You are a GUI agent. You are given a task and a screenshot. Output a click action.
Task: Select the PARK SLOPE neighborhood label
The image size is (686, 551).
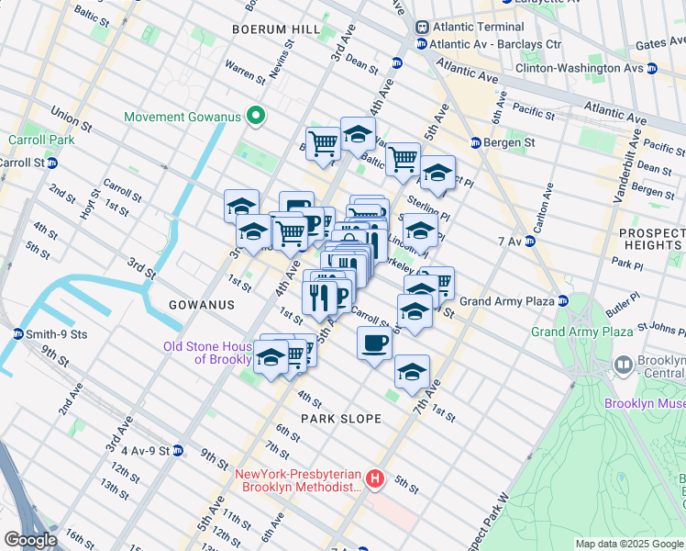(x=342, y=419)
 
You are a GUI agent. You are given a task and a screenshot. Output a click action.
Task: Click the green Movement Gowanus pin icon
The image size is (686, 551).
(x=258, y=117)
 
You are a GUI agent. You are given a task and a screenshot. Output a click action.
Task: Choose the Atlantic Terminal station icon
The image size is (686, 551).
(x=423, y=27)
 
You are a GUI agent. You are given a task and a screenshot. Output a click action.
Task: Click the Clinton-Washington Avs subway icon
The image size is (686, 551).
(x=651, y=68)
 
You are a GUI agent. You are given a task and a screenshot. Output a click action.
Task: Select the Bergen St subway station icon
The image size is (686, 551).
(x=476, y=143)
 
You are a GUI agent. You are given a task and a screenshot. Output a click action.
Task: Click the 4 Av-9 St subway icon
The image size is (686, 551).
(x=178, y=451)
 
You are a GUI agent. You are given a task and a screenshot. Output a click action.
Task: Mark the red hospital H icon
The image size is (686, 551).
(x=373, y=478)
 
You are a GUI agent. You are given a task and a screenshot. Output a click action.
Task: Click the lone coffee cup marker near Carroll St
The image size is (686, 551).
(x=373, y=344)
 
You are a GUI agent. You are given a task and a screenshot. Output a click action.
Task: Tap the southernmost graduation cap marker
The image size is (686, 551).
(x=412, y=372)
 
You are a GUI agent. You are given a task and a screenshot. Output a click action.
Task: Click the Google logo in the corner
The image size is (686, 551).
(x=30, y=540)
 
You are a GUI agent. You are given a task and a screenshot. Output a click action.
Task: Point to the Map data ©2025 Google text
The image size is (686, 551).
(x=629, y=544)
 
